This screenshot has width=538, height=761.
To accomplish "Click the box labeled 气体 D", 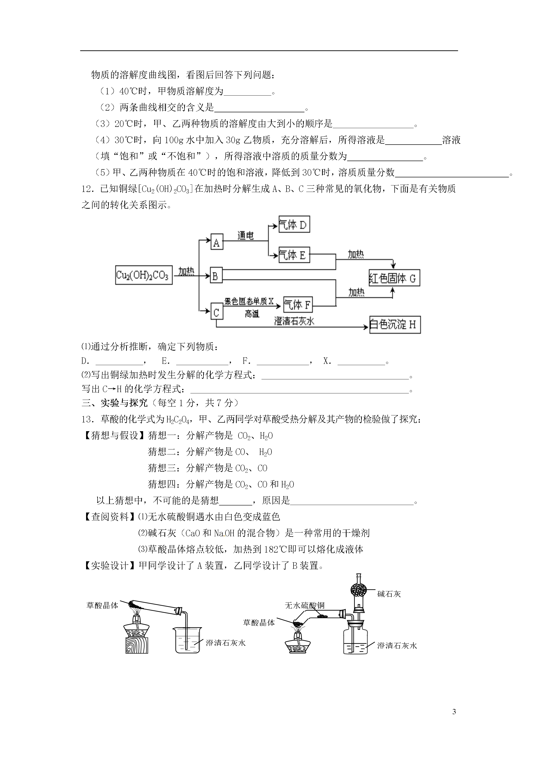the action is click(x=294, y=225).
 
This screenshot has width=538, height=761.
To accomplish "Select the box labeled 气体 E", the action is click(x=294, y=255).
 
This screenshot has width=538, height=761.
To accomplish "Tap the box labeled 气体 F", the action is click(x=298, y=304).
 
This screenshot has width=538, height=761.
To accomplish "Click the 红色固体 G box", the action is click(x=394, y=278).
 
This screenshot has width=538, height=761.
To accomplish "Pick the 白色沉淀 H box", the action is click(x=395, y=325).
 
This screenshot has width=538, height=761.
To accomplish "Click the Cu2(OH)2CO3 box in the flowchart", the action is click(x=144, y=275).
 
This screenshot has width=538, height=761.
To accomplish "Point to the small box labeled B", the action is click(x=216, y=276).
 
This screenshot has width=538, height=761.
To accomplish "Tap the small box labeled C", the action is click(x=217, y=312).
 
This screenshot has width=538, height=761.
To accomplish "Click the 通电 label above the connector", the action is click(x=246, y=236).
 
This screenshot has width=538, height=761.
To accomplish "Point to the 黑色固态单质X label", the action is click(x=249, y=301).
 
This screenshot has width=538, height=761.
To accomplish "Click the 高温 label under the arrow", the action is click(x=252, y=314).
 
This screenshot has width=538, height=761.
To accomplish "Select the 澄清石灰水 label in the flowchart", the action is click(x=294, y=321).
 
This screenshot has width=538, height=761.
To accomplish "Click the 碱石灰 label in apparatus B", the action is click(x=389, y=594).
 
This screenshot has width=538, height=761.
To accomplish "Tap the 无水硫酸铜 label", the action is click(x=305, y=606).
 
